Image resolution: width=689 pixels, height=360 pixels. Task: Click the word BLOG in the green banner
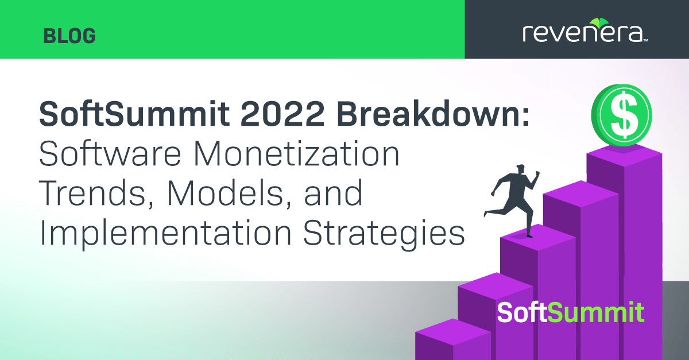pos(69,36)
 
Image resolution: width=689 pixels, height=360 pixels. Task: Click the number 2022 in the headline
pos(282,114)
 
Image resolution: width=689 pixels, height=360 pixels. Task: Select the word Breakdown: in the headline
pos(433,113)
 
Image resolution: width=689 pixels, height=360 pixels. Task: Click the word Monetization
pos(296,153)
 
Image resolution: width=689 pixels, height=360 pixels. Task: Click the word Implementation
pos(165,233)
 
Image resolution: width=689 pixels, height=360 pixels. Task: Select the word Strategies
pos(384,234)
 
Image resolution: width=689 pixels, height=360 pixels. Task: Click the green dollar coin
pos(622,115)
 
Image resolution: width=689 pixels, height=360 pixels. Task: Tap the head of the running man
pos(520,169)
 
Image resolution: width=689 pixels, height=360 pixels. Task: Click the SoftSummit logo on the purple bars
pos(571,312)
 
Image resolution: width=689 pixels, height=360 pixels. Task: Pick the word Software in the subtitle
pos(110,153)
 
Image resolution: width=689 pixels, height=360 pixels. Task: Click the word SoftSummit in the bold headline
pos(134,113)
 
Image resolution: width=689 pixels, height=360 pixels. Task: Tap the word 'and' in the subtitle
pos(333,193)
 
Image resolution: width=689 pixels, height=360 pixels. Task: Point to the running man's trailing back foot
pos(486,213)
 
